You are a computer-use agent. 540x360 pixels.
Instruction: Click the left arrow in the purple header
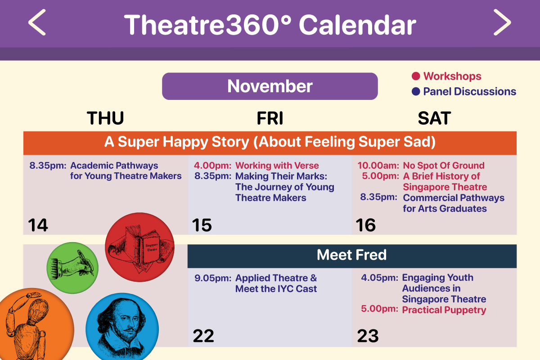point(37,22)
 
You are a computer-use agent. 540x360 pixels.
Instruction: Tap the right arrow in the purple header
point(502,22)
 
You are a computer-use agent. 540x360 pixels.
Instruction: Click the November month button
point(270,86)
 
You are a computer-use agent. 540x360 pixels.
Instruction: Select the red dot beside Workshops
point(416,76)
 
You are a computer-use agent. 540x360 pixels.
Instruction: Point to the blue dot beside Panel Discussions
point(416,91)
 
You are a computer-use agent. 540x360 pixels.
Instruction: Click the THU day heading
point(105,118)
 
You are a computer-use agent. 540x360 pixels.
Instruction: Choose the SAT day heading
point(434,118)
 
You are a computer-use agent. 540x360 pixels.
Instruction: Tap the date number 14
point(38,225)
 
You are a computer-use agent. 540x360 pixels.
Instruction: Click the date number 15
point(202,225)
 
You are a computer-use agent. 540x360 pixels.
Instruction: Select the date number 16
point(366,225)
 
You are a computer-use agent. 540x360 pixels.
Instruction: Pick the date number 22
point(203,336)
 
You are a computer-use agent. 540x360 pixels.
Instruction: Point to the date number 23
point(368,336)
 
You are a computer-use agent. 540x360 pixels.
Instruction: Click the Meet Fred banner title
point(352,255)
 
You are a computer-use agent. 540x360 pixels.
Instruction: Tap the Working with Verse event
point(277,166)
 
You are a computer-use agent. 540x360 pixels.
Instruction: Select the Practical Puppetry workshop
point(444,310)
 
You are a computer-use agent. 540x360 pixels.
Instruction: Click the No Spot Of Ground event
point(444,166)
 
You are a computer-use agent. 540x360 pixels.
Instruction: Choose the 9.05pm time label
point(213,278)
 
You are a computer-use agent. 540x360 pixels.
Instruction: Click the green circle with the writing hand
point(72,268)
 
